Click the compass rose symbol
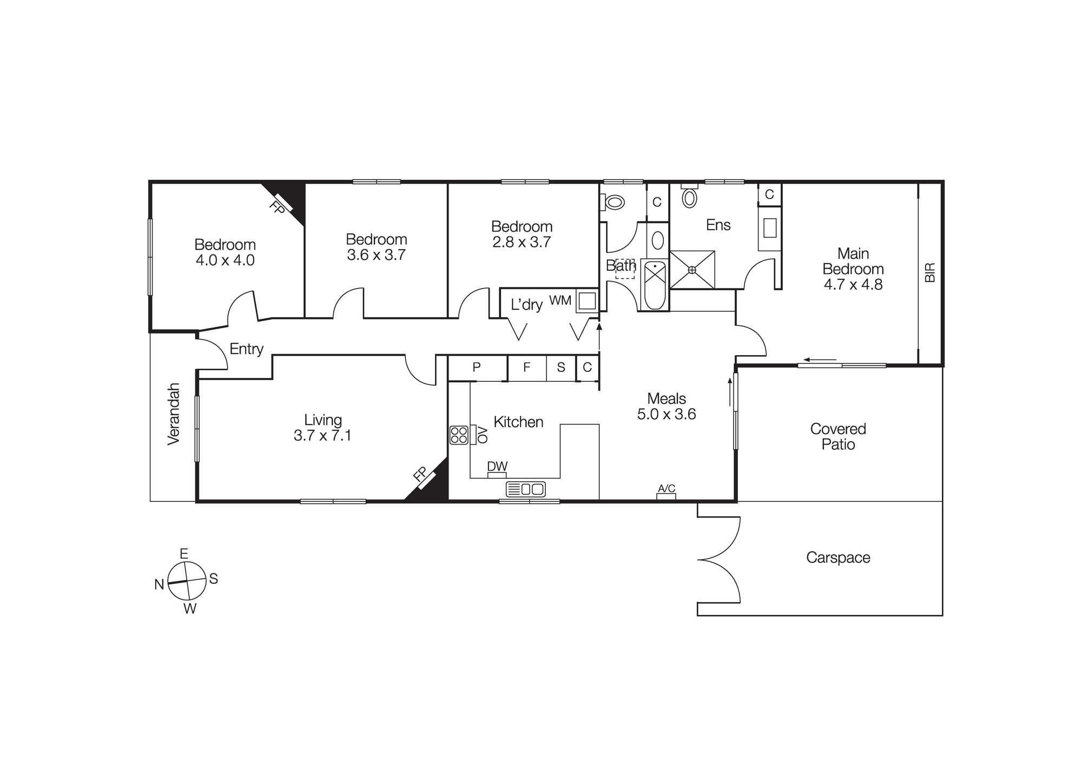pyautogui.click(x=187, y=581)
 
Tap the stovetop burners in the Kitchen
pyautogui.click(x=459, y=435)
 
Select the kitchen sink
pyautogui.click(x=525, y=489)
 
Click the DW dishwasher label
pyautogui.click(x=497, y=467)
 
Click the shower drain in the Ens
pyautogui.click(x=691, y=270)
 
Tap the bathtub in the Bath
pyautogui.click(x=655, y=285)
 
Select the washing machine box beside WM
pyautogui.click(x=587, y=300)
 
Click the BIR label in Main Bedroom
pyautogui.click(x=930, y=272)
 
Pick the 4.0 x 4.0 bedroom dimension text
pyautogui.click(x=225, y=260)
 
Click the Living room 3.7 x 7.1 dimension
pyautogui.click(x=322, y=436)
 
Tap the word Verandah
pyautogui.click(x=174, y=414)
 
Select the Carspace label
pyautogui.click(x=838, y=558)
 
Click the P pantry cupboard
pyautogui.click(x=477, y=368)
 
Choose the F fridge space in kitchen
pyautogui.click(x=526, y=368)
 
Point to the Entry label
pyautogui.click(x=246, y=349)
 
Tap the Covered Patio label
pyautogui.click(x=838, y=437)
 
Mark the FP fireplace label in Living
pyautogui.click(x=420, y=474)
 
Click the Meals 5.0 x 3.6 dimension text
pyautogui.click(x=667, y=414)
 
